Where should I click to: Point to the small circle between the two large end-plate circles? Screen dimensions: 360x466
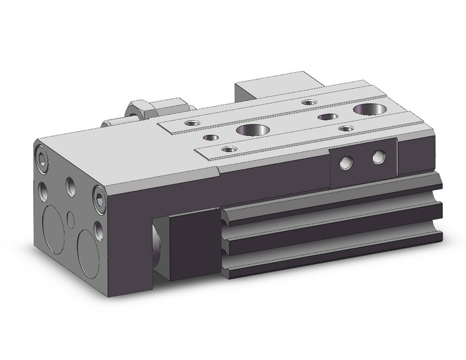click(x=71, y=218)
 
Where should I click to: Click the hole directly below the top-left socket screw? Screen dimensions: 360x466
click(x=44, y=189)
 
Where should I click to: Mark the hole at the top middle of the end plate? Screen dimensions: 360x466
click(x=71, y=183)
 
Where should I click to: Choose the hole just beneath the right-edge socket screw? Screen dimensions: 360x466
click(x=99, y=230)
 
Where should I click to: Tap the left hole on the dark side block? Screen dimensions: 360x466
click(x=347, y=163)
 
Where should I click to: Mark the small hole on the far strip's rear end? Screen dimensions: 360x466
click(x=310, y=102)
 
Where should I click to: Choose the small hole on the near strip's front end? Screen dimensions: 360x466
click(x=229, y=149)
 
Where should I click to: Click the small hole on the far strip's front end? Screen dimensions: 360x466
click(x=193, y=123)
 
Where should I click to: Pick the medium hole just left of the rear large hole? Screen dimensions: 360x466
click(x=327, y=117)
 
